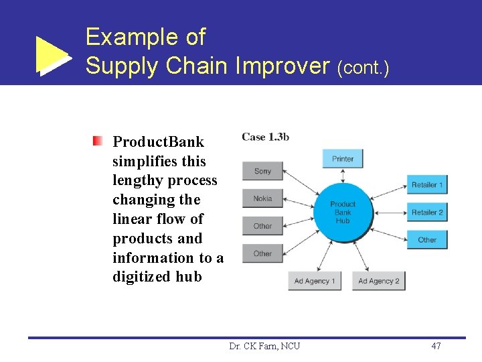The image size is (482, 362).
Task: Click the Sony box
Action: pos(262,171)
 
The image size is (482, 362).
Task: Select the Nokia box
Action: pos(262,198)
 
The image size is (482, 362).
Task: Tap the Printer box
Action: pos(343,159)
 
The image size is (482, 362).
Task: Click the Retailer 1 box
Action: pos(427,184)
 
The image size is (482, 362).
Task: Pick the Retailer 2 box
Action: pos(427,212)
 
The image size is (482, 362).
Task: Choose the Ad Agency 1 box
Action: pos(315,280)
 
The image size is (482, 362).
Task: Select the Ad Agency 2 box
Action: pos(379,280)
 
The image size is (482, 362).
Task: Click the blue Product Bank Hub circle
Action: pos(343,212)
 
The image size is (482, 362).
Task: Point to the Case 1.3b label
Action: pos(266,137)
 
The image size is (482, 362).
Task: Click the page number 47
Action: pos(436,346)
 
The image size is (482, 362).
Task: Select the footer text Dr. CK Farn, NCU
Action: pos(264,346)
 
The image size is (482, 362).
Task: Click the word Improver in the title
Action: pos(284,66)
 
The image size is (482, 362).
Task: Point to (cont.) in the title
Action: pos(364,68)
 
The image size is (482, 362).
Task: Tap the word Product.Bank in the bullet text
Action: pos(159,142)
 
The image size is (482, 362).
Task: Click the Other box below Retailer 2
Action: pos(427,239)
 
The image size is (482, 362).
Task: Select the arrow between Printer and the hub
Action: pos(343,175)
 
